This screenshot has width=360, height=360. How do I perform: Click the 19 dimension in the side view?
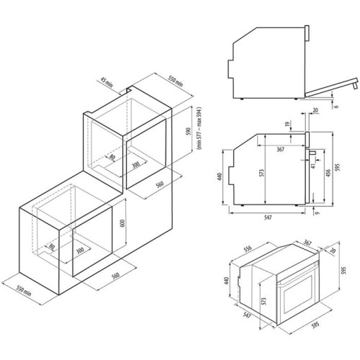pyautogui.click(x=287, y=126)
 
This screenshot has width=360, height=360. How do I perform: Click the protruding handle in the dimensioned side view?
pyautogui.click(x=315, y=153)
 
